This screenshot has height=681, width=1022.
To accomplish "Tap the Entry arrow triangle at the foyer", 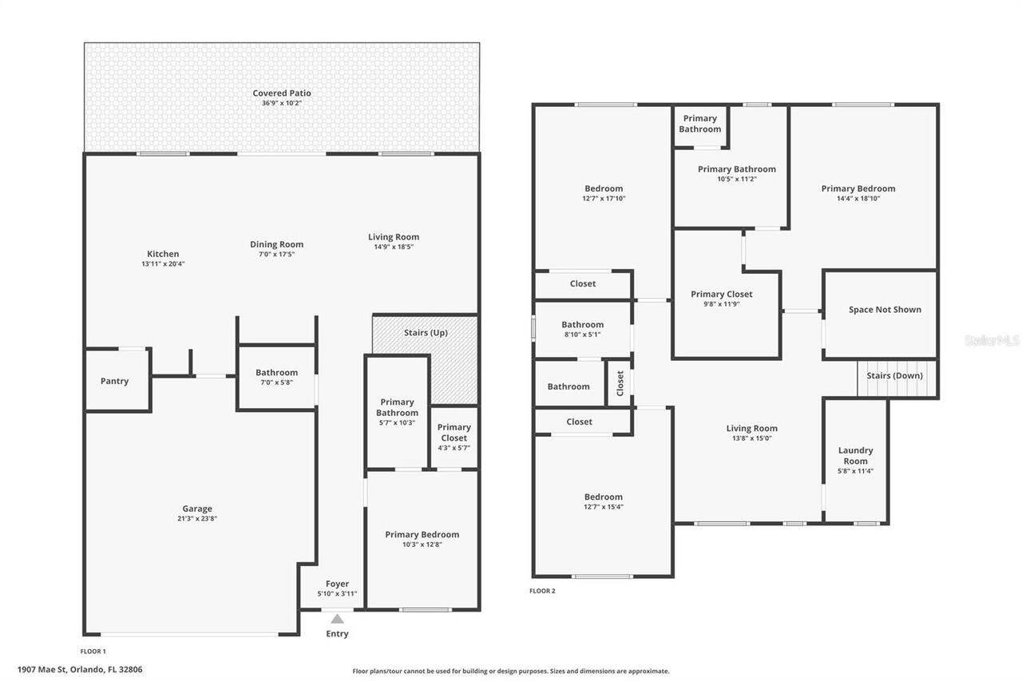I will click(337, 619).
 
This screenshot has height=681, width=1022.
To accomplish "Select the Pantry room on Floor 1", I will click(114, 381).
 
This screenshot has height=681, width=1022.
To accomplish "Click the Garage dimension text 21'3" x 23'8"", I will click(197, 518).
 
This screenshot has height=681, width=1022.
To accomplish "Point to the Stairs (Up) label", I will click(426, 332).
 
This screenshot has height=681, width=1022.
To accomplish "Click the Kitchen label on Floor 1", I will click(163, 254).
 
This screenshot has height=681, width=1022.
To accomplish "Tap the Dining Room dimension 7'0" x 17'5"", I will click(276, 254).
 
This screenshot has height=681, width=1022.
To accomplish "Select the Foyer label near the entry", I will click(337, 584).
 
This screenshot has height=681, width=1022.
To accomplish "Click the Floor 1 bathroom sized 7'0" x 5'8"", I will click(276, 377).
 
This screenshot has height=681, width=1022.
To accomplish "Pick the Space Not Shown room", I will click(885, 310).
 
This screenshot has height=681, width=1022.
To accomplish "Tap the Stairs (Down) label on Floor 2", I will click(894, 375).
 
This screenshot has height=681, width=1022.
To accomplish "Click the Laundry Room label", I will click(855, 455).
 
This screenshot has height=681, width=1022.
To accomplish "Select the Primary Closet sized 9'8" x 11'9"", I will click(722, 299).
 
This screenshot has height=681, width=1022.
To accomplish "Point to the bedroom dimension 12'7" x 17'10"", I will click(604, 199).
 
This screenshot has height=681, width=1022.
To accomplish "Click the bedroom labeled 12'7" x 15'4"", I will click(603, 501).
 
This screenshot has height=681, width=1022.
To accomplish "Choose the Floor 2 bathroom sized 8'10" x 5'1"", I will click(582, 329).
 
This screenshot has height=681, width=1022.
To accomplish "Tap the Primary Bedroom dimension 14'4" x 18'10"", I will click(858, 199).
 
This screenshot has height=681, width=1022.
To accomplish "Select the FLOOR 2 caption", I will click(542, 591).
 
